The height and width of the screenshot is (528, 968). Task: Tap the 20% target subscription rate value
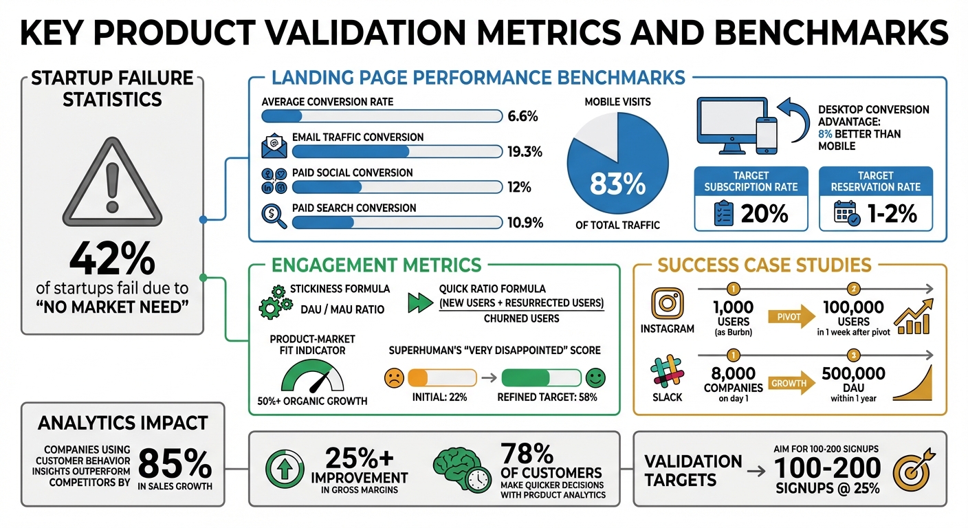pos(764,214)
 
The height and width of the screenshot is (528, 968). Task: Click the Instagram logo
pos(667,302)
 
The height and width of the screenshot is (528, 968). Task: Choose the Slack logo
pos(667,374)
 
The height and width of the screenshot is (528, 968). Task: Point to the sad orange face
pos(394,377)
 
